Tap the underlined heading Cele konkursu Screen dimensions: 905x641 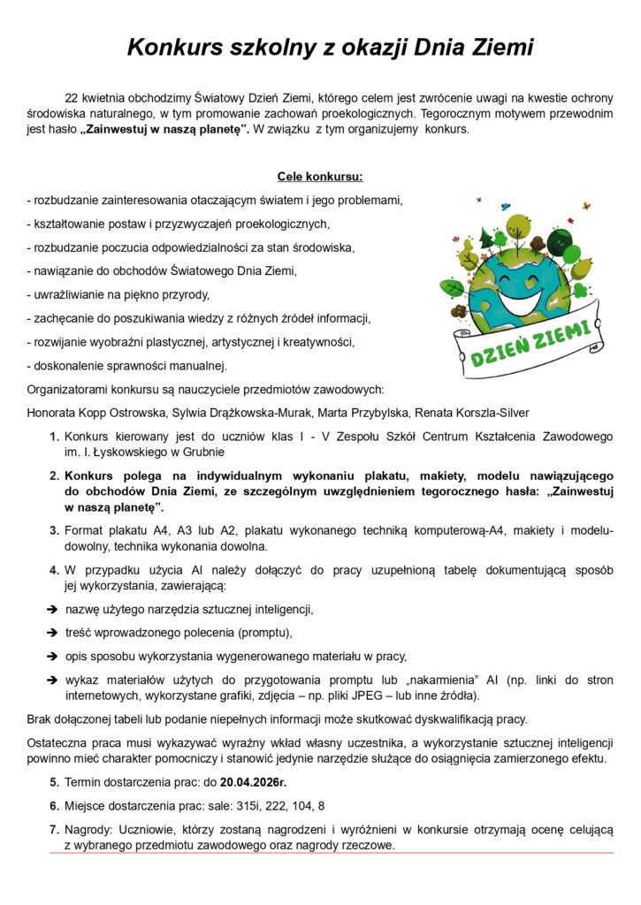(320, 176)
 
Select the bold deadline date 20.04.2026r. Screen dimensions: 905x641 (254, 781)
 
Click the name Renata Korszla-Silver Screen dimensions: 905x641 (475, 413)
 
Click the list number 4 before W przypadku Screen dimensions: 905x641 (54, 570)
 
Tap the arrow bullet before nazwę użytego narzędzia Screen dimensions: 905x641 (52, 609)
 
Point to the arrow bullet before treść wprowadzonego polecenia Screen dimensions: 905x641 (52, 632)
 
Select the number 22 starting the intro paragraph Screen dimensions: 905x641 (72, 98)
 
